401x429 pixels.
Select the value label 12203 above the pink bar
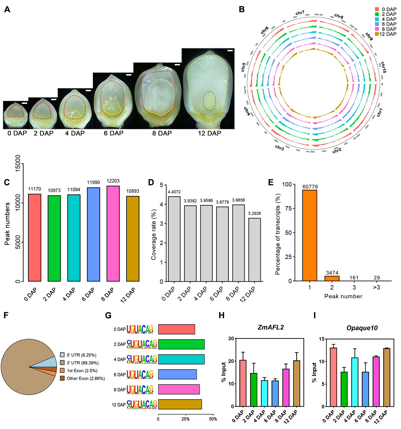point(113,181)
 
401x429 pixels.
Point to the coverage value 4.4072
point(174,192)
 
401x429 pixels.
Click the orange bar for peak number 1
point(310,235)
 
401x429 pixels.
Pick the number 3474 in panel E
point(332,272)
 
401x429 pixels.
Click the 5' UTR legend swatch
point(62,355)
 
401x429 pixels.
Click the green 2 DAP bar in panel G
point(181,344)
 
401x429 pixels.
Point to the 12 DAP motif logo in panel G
point(142,405)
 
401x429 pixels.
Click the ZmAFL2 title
point(271,327)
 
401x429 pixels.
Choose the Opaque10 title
point(362,328)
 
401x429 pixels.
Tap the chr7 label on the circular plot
point(300,13)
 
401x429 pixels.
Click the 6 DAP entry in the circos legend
point(389,24)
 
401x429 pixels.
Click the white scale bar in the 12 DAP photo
point(230,51)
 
